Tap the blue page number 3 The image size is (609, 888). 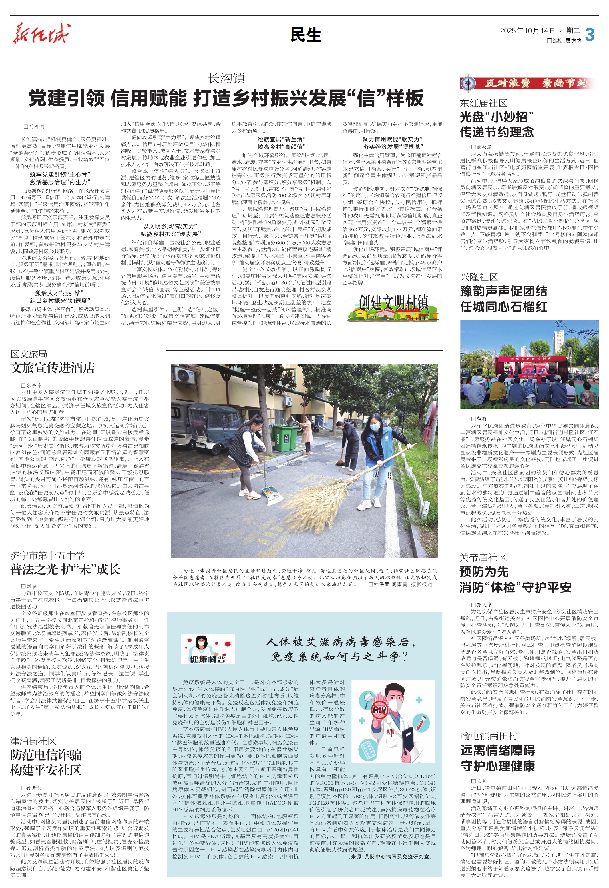[x=590, y=35]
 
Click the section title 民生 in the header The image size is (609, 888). [x=305, y=35]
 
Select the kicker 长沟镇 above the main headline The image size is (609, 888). [x=226, y=78]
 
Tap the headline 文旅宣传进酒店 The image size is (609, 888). [x=53, y=368]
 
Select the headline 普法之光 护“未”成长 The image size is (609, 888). [x=65, y=569]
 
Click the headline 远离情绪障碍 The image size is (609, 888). [x=498, y=750]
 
